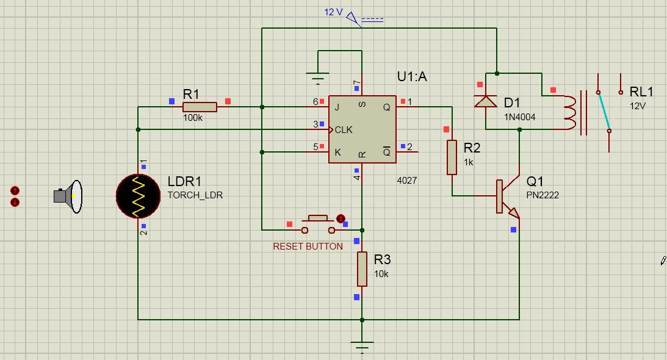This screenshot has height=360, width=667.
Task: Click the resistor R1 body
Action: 200,107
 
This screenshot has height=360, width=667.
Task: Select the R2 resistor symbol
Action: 452,157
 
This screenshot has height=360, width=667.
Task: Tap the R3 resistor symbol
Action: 362,269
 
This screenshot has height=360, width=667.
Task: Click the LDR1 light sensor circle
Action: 139,196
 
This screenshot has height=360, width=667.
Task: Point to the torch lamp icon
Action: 68,196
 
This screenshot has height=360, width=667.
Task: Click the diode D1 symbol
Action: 485,101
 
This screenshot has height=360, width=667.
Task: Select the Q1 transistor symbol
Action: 508,196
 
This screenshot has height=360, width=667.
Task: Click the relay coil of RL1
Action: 569,112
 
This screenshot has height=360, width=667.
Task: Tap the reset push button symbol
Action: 318,225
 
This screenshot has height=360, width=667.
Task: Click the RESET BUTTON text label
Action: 308,247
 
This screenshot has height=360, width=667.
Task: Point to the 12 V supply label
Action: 333,12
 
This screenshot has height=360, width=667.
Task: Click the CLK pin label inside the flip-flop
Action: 344,130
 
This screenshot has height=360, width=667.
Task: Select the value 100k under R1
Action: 193,118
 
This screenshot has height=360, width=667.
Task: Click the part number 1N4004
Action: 519,117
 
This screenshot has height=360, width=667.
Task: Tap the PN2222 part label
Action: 543,195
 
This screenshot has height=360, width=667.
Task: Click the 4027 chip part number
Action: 406,181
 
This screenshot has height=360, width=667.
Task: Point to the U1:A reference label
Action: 412,77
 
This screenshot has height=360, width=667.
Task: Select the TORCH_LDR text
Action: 195,195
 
